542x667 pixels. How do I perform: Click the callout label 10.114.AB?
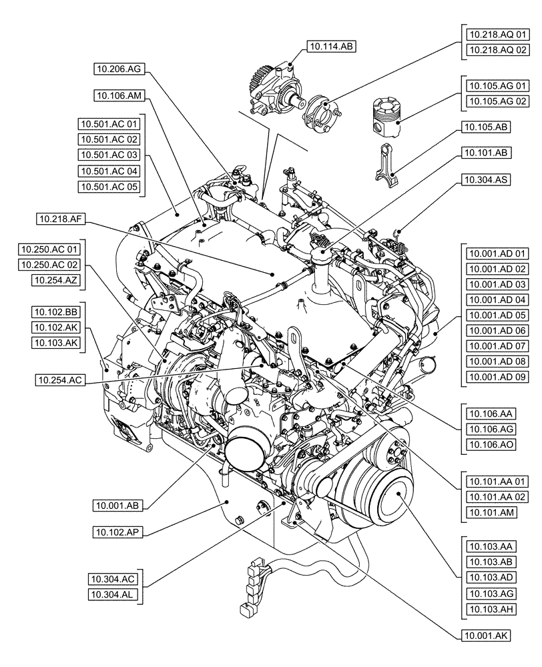coord(330,46)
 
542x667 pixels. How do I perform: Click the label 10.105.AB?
coord(486,127)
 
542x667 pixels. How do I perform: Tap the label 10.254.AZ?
coord(55,281)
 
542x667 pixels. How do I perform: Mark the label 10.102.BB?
coord(55,312)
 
